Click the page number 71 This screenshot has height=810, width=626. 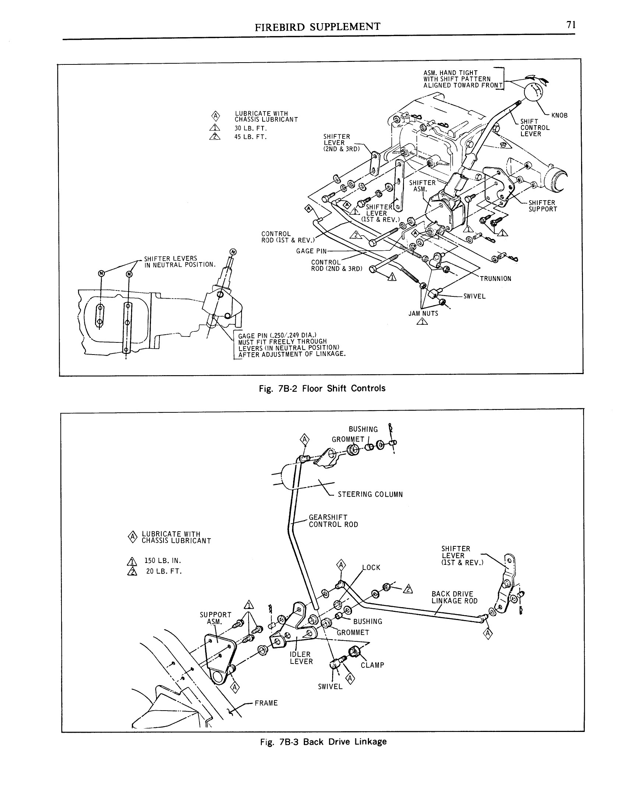point(570,25)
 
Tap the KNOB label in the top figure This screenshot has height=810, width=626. point(559,115)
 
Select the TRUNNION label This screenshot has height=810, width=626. point(495,279)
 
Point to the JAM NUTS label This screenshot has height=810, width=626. point(423,313)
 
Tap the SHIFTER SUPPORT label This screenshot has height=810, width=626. point(542,206)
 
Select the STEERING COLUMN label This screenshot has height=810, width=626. point(370,494)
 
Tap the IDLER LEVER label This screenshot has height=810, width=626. point(301,658)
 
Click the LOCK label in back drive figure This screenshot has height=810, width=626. point(371,567)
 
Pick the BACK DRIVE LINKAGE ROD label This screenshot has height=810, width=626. point(454,598)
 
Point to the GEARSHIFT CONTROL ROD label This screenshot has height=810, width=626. point(333,521)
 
